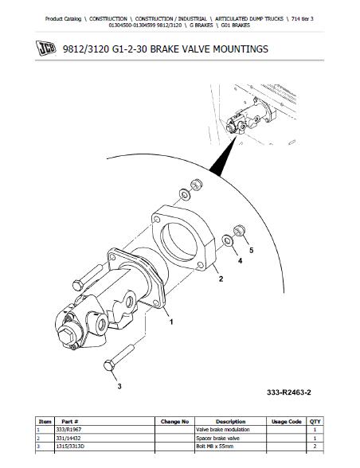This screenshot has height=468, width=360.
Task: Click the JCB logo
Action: tap(45, 48)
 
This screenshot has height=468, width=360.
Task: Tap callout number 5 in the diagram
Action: tap(251, 250)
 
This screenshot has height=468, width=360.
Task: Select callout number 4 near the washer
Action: tap(240, 261)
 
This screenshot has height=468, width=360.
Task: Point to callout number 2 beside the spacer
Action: tap(221, 279)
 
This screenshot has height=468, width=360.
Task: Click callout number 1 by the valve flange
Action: tap(171, 322)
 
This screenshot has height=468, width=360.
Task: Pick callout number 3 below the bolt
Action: tap(119, 386)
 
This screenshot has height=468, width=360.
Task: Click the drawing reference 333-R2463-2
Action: tap(289, 392)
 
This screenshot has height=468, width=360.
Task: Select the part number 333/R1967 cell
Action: tap(68, 430)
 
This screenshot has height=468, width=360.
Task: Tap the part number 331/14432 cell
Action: tap(68, 438)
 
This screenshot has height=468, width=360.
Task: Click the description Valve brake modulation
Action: tap(223, 430)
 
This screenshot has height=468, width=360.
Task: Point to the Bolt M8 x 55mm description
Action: tap(214, 447)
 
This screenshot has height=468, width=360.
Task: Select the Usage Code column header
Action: tap(286, 422)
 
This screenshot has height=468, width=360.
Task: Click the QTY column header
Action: tap(315, 422)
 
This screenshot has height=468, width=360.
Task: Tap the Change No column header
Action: tap(174, 422)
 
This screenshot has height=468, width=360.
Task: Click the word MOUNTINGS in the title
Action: tap(241, 49)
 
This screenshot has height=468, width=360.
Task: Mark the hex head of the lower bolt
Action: tap(108, 365)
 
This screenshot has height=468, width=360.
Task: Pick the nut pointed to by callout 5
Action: tap(239, 231)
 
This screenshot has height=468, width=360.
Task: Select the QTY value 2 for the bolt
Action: tap(315, 447)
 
